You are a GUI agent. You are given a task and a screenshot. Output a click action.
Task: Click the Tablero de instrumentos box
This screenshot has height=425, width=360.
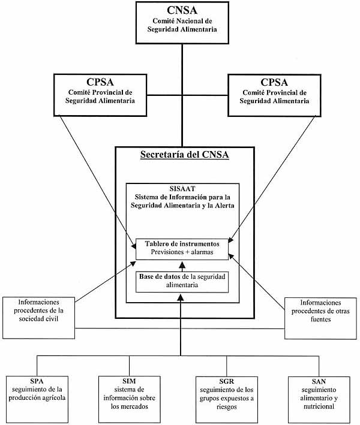pos(182,249)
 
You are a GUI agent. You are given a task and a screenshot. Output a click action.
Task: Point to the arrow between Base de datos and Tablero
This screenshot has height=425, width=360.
pos(182,265)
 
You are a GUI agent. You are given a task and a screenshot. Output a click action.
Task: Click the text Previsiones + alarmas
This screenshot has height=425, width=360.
pos(182,254)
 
